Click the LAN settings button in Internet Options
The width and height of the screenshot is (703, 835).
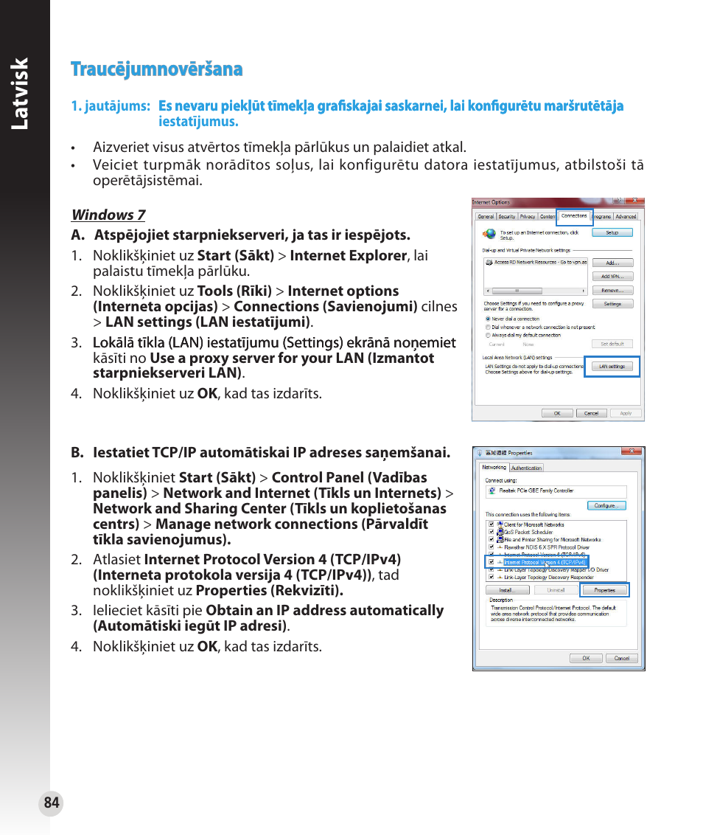(612, 367)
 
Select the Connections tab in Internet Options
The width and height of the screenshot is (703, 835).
(574, 216)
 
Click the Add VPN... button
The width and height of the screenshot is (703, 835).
(612, 277)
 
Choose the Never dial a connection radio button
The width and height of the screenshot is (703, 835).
(487, 319)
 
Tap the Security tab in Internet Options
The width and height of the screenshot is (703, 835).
(507, 217)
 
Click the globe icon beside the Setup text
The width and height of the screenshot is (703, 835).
(489, 234)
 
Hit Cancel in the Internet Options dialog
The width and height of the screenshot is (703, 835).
(591, 413)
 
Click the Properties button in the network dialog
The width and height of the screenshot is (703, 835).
(604, 590)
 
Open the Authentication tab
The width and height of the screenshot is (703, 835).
(526, 468)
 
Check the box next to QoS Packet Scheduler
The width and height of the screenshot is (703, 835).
(491, 532)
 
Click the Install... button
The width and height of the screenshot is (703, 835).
(506, 590)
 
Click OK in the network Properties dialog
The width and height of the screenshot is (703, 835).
(586, 658)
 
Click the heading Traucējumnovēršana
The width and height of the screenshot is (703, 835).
(157, 69)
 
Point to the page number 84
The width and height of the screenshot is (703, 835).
(51, 803)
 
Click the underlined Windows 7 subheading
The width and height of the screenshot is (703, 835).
(108, 215)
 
